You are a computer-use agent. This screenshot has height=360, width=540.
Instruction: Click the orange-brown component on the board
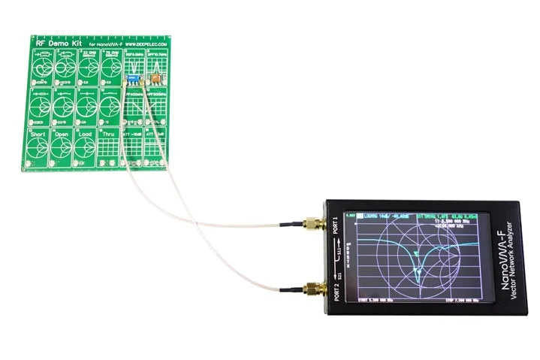tap(153, 77)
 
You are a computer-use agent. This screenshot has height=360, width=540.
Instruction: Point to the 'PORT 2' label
tap(335, 289)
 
